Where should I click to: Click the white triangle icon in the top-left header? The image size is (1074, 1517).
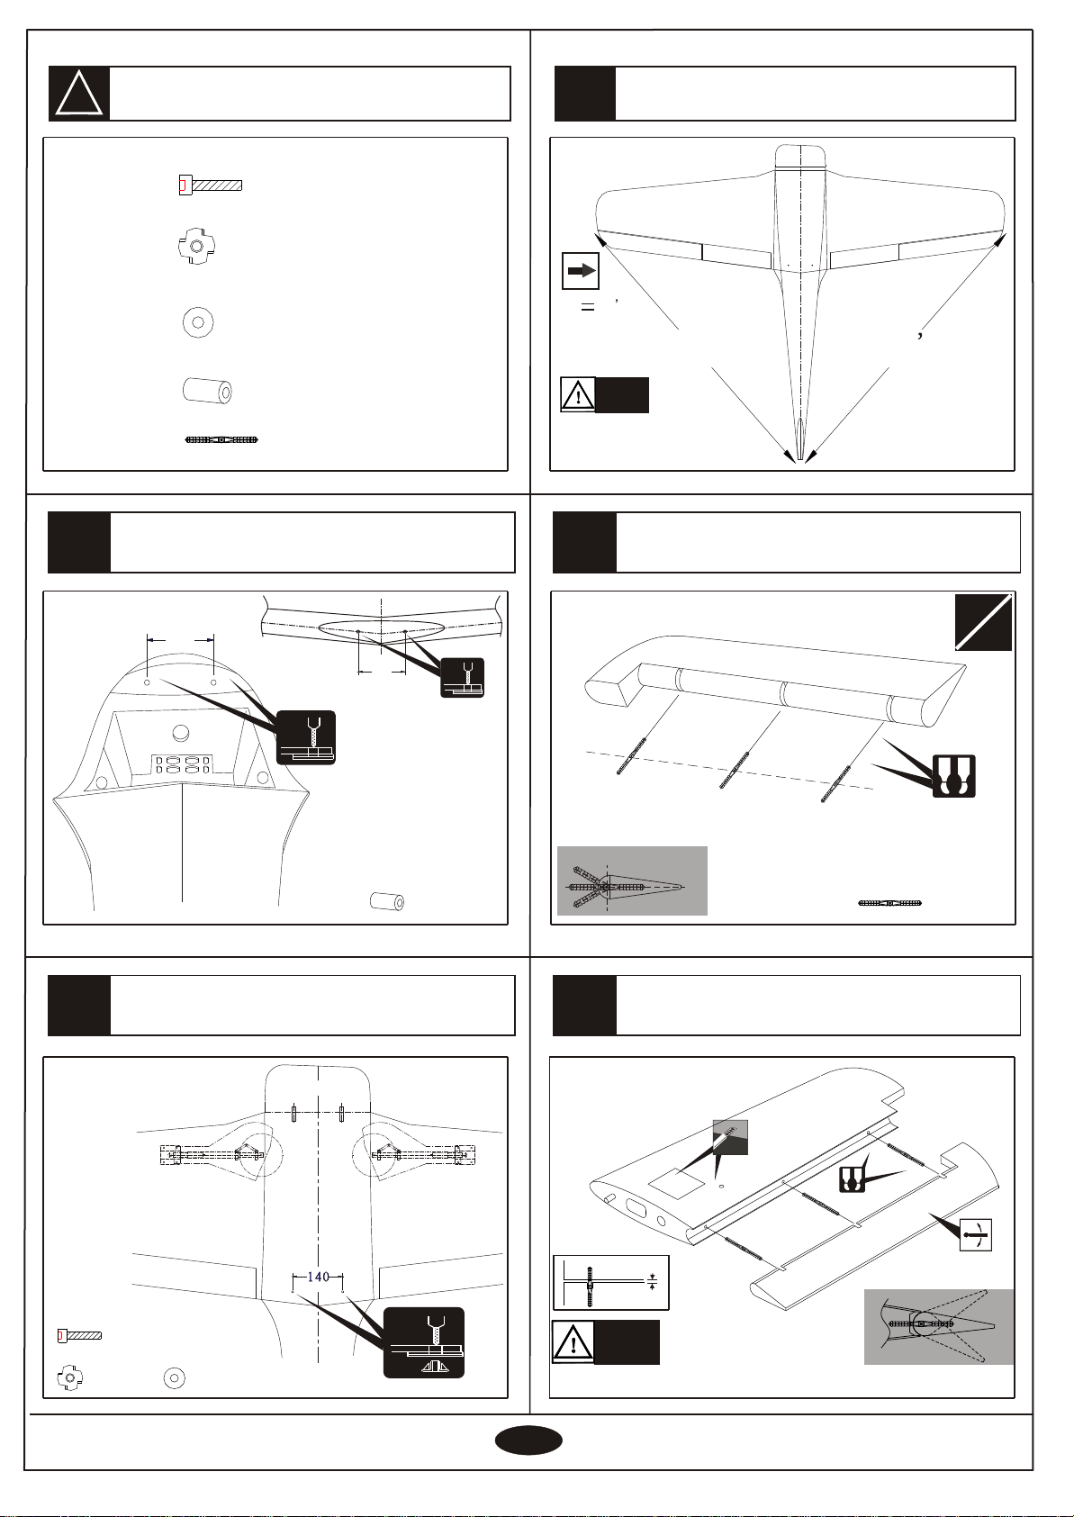click(79, 95)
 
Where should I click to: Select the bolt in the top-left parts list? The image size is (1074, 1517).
click(211, 185)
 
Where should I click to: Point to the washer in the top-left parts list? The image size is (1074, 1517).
click(198, 321)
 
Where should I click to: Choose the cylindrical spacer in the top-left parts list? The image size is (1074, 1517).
click(207, 391)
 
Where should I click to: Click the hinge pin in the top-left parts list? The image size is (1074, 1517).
click(221, 440)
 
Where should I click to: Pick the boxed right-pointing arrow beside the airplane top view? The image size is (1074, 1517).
click(581, 271)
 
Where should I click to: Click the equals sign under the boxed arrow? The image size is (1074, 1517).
click(588, 308)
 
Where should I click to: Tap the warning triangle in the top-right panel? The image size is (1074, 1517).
click(578, 395)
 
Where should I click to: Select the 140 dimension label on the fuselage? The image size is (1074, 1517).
click(319, 1277)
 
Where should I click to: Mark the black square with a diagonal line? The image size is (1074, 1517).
click(983, 622)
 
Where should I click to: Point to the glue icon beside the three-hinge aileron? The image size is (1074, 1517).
click(954, 775)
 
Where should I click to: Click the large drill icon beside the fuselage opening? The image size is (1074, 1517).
click(306, 737)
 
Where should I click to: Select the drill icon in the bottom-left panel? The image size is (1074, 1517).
click(424, 1342)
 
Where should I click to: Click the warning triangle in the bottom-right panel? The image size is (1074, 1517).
click(573, 1341)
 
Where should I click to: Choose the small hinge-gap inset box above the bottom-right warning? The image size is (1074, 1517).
click(611, 1283)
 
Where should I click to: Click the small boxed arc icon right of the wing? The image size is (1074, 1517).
click(977, 1234)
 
